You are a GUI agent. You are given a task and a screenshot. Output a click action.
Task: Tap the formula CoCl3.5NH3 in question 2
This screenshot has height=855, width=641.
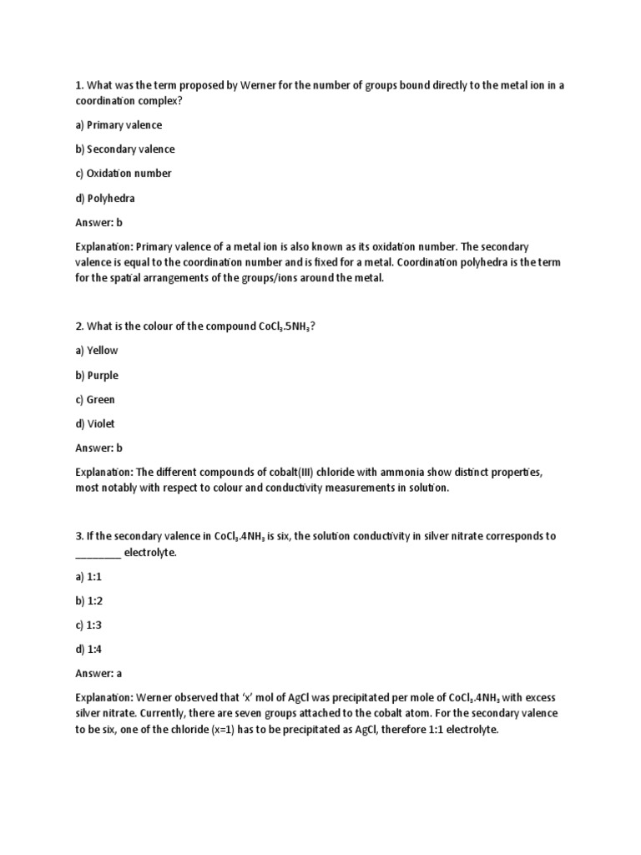pyautogui.click(x=281, y=326)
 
